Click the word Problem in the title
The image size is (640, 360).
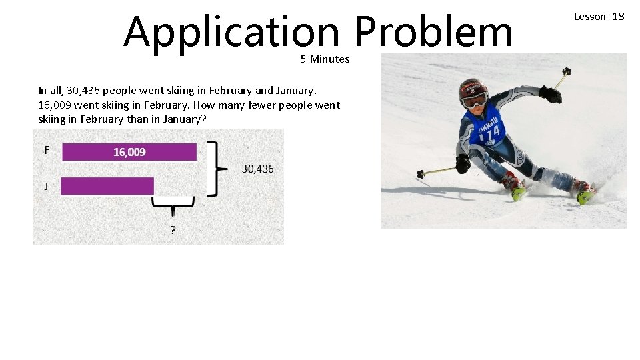click(433, 32)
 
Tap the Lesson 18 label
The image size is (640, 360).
click(599, 16)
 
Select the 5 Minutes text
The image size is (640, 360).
click(325, 59)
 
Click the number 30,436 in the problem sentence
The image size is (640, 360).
click(83, 91)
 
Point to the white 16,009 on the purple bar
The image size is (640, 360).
click(129, 152)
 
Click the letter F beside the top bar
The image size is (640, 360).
click(47, 150)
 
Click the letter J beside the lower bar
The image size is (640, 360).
click(46, 186)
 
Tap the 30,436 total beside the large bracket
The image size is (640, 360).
click(257, 169)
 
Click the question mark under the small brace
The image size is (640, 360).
click(173, 231)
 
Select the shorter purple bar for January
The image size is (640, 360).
click(107, 186)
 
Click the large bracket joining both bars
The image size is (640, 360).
click(213, 169)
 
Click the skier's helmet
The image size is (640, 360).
click(473, 89)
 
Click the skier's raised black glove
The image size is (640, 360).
click(551, 95)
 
